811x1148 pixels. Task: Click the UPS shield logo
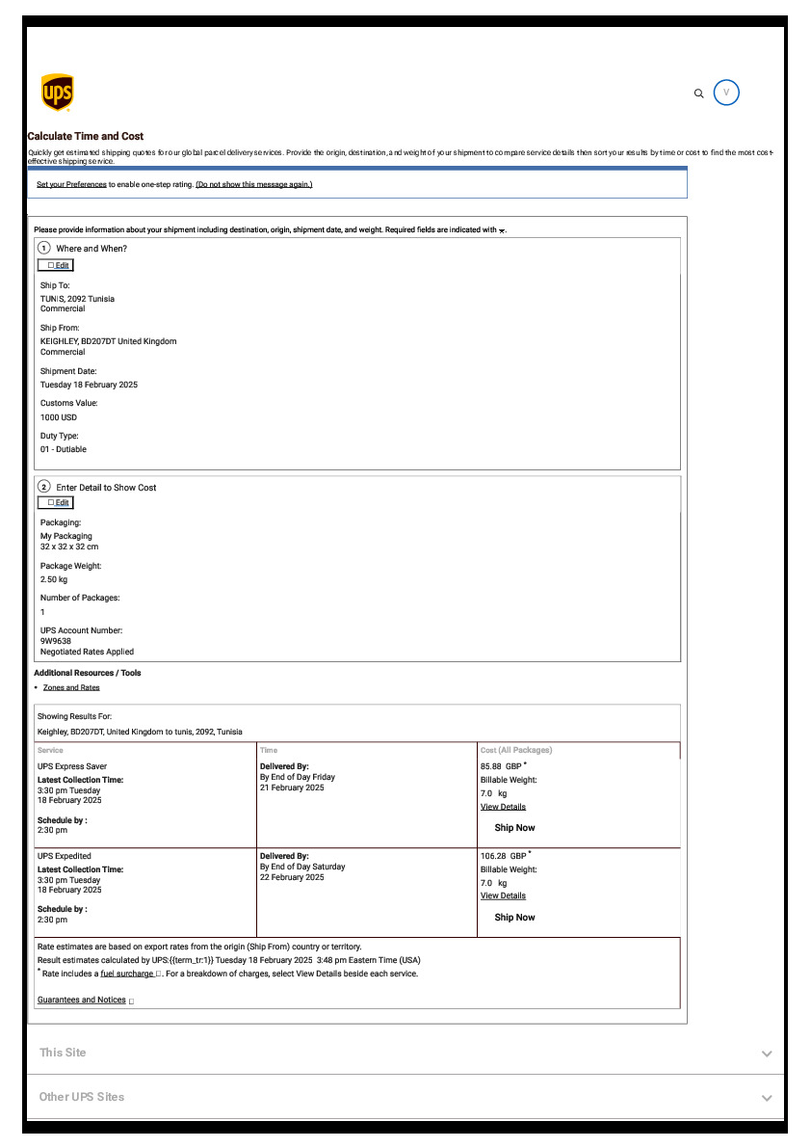click(58, 93)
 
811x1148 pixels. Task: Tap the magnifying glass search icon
click(699, 93)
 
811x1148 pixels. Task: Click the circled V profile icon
click(726, 93)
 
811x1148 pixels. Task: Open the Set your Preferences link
click(71, 184)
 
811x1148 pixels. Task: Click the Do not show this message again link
click(254, 184)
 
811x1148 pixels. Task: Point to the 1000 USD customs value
click(59, 417)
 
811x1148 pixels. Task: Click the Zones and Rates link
click(71, 687)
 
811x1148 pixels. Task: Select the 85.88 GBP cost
click(501, 766)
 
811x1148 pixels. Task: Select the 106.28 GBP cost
click(503, 856)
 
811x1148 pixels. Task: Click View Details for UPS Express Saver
click(503, 807)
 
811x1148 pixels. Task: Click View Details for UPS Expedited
click(503, 895)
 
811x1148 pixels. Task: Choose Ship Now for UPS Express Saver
click(514, 828)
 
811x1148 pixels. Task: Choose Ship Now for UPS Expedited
click(514, 918)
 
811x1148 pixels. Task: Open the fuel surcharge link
click(127, 974)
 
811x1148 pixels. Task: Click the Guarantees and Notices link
click(82, 1000)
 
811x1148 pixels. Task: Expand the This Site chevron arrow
click(767, 1054)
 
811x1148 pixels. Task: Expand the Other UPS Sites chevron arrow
click(767, 1098)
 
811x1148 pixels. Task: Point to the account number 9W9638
click(56, 641)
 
